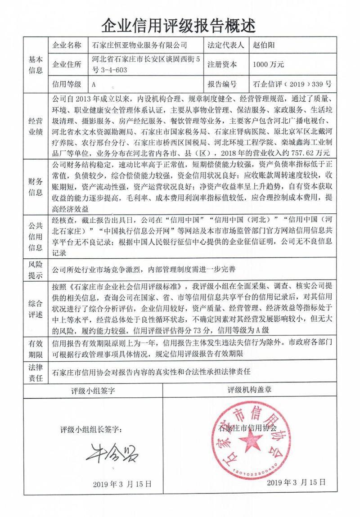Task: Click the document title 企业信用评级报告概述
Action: click(x=180, y=23)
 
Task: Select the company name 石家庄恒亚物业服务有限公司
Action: click(x=139, y=45)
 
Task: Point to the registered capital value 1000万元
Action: click(x=269, y=64)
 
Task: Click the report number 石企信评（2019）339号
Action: click(x=292, y=84)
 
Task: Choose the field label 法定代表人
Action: click(x=225, y=45)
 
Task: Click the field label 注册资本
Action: click(x=222, y=64)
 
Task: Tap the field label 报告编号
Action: click(x=222, y=84)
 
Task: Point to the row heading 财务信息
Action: click(x=36, y=187)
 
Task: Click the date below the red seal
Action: click(x=296, y=482)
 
